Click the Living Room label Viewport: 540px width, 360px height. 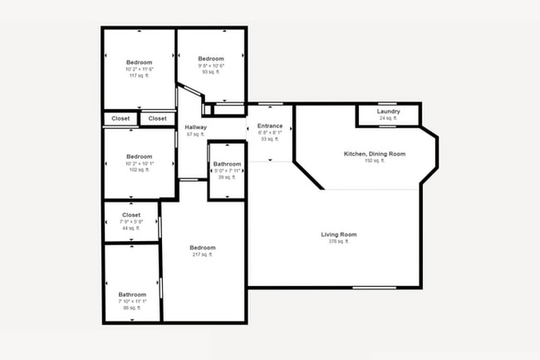[x=338, y=234]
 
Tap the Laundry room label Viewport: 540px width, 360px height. [x=388, y=111]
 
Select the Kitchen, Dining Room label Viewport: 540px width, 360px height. [x=375, y=154]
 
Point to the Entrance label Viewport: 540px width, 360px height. [x=270, y=126]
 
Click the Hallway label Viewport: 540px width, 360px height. [x=195, y=127]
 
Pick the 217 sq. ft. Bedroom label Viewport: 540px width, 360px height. [x=203, y=248]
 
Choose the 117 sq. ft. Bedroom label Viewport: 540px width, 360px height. [x=139, y=62]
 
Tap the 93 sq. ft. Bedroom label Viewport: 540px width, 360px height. [x=211, y=59]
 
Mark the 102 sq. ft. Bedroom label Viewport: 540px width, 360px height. [x=139, y=156]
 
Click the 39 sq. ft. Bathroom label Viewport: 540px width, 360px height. [x=227, y=164]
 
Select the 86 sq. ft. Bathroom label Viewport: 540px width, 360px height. [x=132, y=294]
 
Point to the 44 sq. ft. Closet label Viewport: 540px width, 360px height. [x=131, y=215]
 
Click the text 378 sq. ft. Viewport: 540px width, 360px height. [x=338, y=242]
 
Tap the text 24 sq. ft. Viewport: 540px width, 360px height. [x=388, y=119]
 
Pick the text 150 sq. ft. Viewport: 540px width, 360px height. [x=375, y=160]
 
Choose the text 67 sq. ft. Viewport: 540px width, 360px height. [x=195, y=134]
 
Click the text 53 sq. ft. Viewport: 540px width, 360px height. [x=270, y=139]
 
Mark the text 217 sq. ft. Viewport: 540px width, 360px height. [x=203, y=255]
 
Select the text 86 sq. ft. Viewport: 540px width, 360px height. [x=132, y=308]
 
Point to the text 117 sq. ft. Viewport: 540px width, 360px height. [x=139, y=76]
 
